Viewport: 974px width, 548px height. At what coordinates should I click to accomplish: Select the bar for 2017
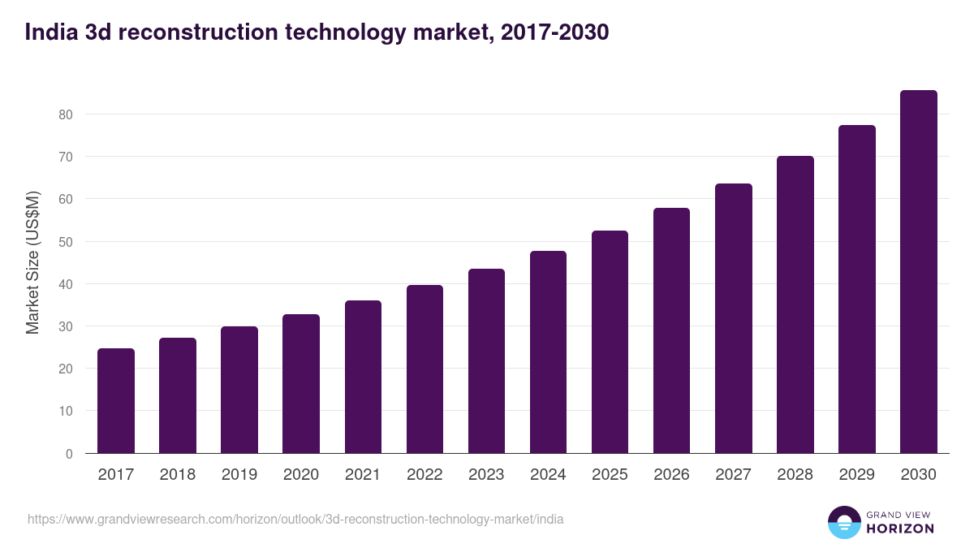pyautogui.click(x=116, y=401)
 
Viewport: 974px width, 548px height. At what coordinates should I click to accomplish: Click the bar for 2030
pyautogui.click(x=918, y=272)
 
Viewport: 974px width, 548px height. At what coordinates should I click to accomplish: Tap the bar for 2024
pyautogui.click(x=548, y=352)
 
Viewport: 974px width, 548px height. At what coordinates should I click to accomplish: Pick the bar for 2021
pyautogui.click(x=363, y=377)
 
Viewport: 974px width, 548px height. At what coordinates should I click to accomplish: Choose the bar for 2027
pyautogui.click(x=733, y=318)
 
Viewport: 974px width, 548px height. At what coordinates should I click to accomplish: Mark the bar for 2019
pyautogui.click(x=239, y=390)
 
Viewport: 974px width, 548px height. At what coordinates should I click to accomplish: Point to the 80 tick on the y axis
pyautogui.click(x=65, y=114)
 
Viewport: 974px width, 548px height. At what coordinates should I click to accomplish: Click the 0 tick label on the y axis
pyautogui.click(x=69, y=454)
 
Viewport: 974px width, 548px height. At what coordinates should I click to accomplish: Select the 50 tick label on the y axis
pyautogui.click(x=65, y=242)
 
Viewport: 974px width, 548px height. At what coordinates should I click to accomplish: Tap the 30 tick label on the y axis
pyautogui.click(x=65, y=326)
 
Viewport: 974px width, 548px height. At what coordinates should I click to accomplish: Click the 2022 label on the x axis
pyautogui.click(x=425, y=475)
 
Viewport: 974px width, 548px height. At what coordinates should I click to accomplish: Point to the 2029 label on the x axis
pyautogui.click(x=856, y=475)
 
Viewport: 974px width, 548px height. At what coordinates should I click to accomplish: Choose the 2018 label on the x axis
pyautogui.click(x=178, y=475)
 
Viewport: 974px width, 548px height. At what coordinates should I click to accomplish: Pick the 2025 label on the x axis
pyautogui.click(x=610, y=475)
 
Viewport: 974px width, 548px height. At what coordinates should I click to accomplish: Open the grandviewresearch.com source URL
pyautogui.click(x=295, y=519)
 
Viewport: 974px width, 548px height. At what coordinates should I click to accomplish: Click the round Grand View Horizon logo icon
pyautogui.click(x=843, y=523)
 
